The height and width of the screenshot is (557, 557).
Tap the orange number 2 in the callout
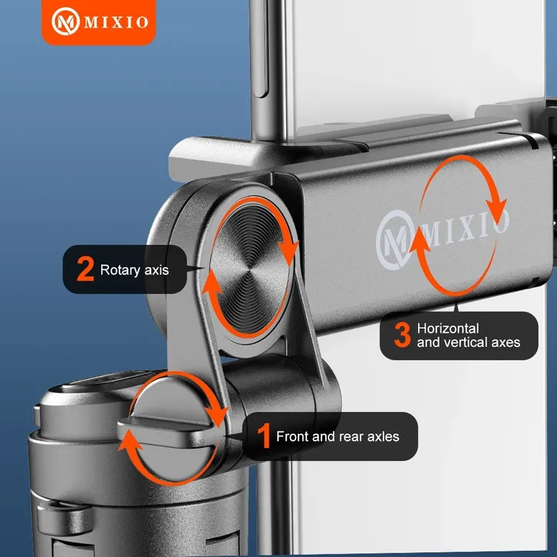click(85, 269)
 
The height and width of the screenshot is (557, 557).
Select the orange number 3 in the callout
click(403, 335)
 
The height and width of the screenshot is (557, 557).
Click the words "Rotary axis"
click(134, 270)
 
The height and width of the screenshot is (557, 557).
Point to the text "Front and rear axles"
click(338, 437)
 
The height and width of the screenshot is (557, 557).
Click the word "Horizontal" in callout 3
click(448, 328)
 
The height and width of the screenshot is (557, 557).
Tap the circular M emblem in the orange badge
click(65, 21)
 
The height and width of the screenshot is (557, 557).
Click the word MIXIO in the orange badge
click(116, 22)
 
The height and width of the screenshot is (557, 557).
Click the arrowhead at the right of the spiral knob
click(288, 252)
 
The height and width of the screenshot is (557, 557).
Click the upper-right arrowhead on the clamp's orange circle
click(496, 211)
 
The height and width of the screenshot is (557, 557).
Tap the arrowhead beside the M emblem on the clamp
click(420, 240)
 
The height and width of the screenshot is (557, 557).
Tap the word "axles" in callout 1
click(383, 437)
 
